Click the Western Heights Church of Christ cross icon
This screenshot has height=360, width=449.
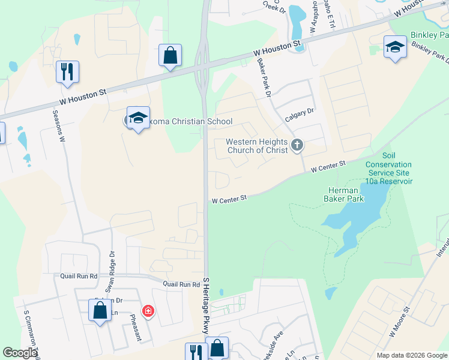pyautogui.click(x=297, y=145)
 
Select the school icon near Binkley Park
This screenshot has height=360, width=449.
pyautogui.click(x=395, y=47)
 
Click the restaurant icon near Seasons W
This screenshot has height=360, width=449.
pyautogui.click(x=67, y=71)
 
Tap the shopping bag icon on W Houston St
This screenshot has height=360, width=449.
pyautogui.click(x=170, y=55)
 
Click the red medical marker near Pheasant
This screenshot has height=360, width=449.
pyautogui.click(x=147, y=311)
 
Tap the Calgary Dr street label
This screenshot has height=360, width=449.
pyautogui.click(x=300, y=115)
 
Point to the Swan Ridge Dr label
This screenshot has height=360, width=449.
pyautogui.click(x=110, y=254)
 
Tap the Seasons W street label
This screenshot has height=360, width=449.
pyautogui.click(x=59, y=125)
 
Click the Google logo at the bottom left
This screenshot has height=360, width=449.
pyautogui.click(x=20, y=353)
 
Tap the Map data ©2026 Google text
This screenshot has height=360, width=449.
pyautogui.click(x=411, y=355)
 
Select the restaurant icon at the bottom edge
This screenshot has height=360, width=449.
pyautogui.click(x=196, y=352)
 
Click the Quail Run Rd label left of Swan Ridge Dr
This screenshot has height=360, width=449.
pyautogui.click(x=75, y=276)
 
